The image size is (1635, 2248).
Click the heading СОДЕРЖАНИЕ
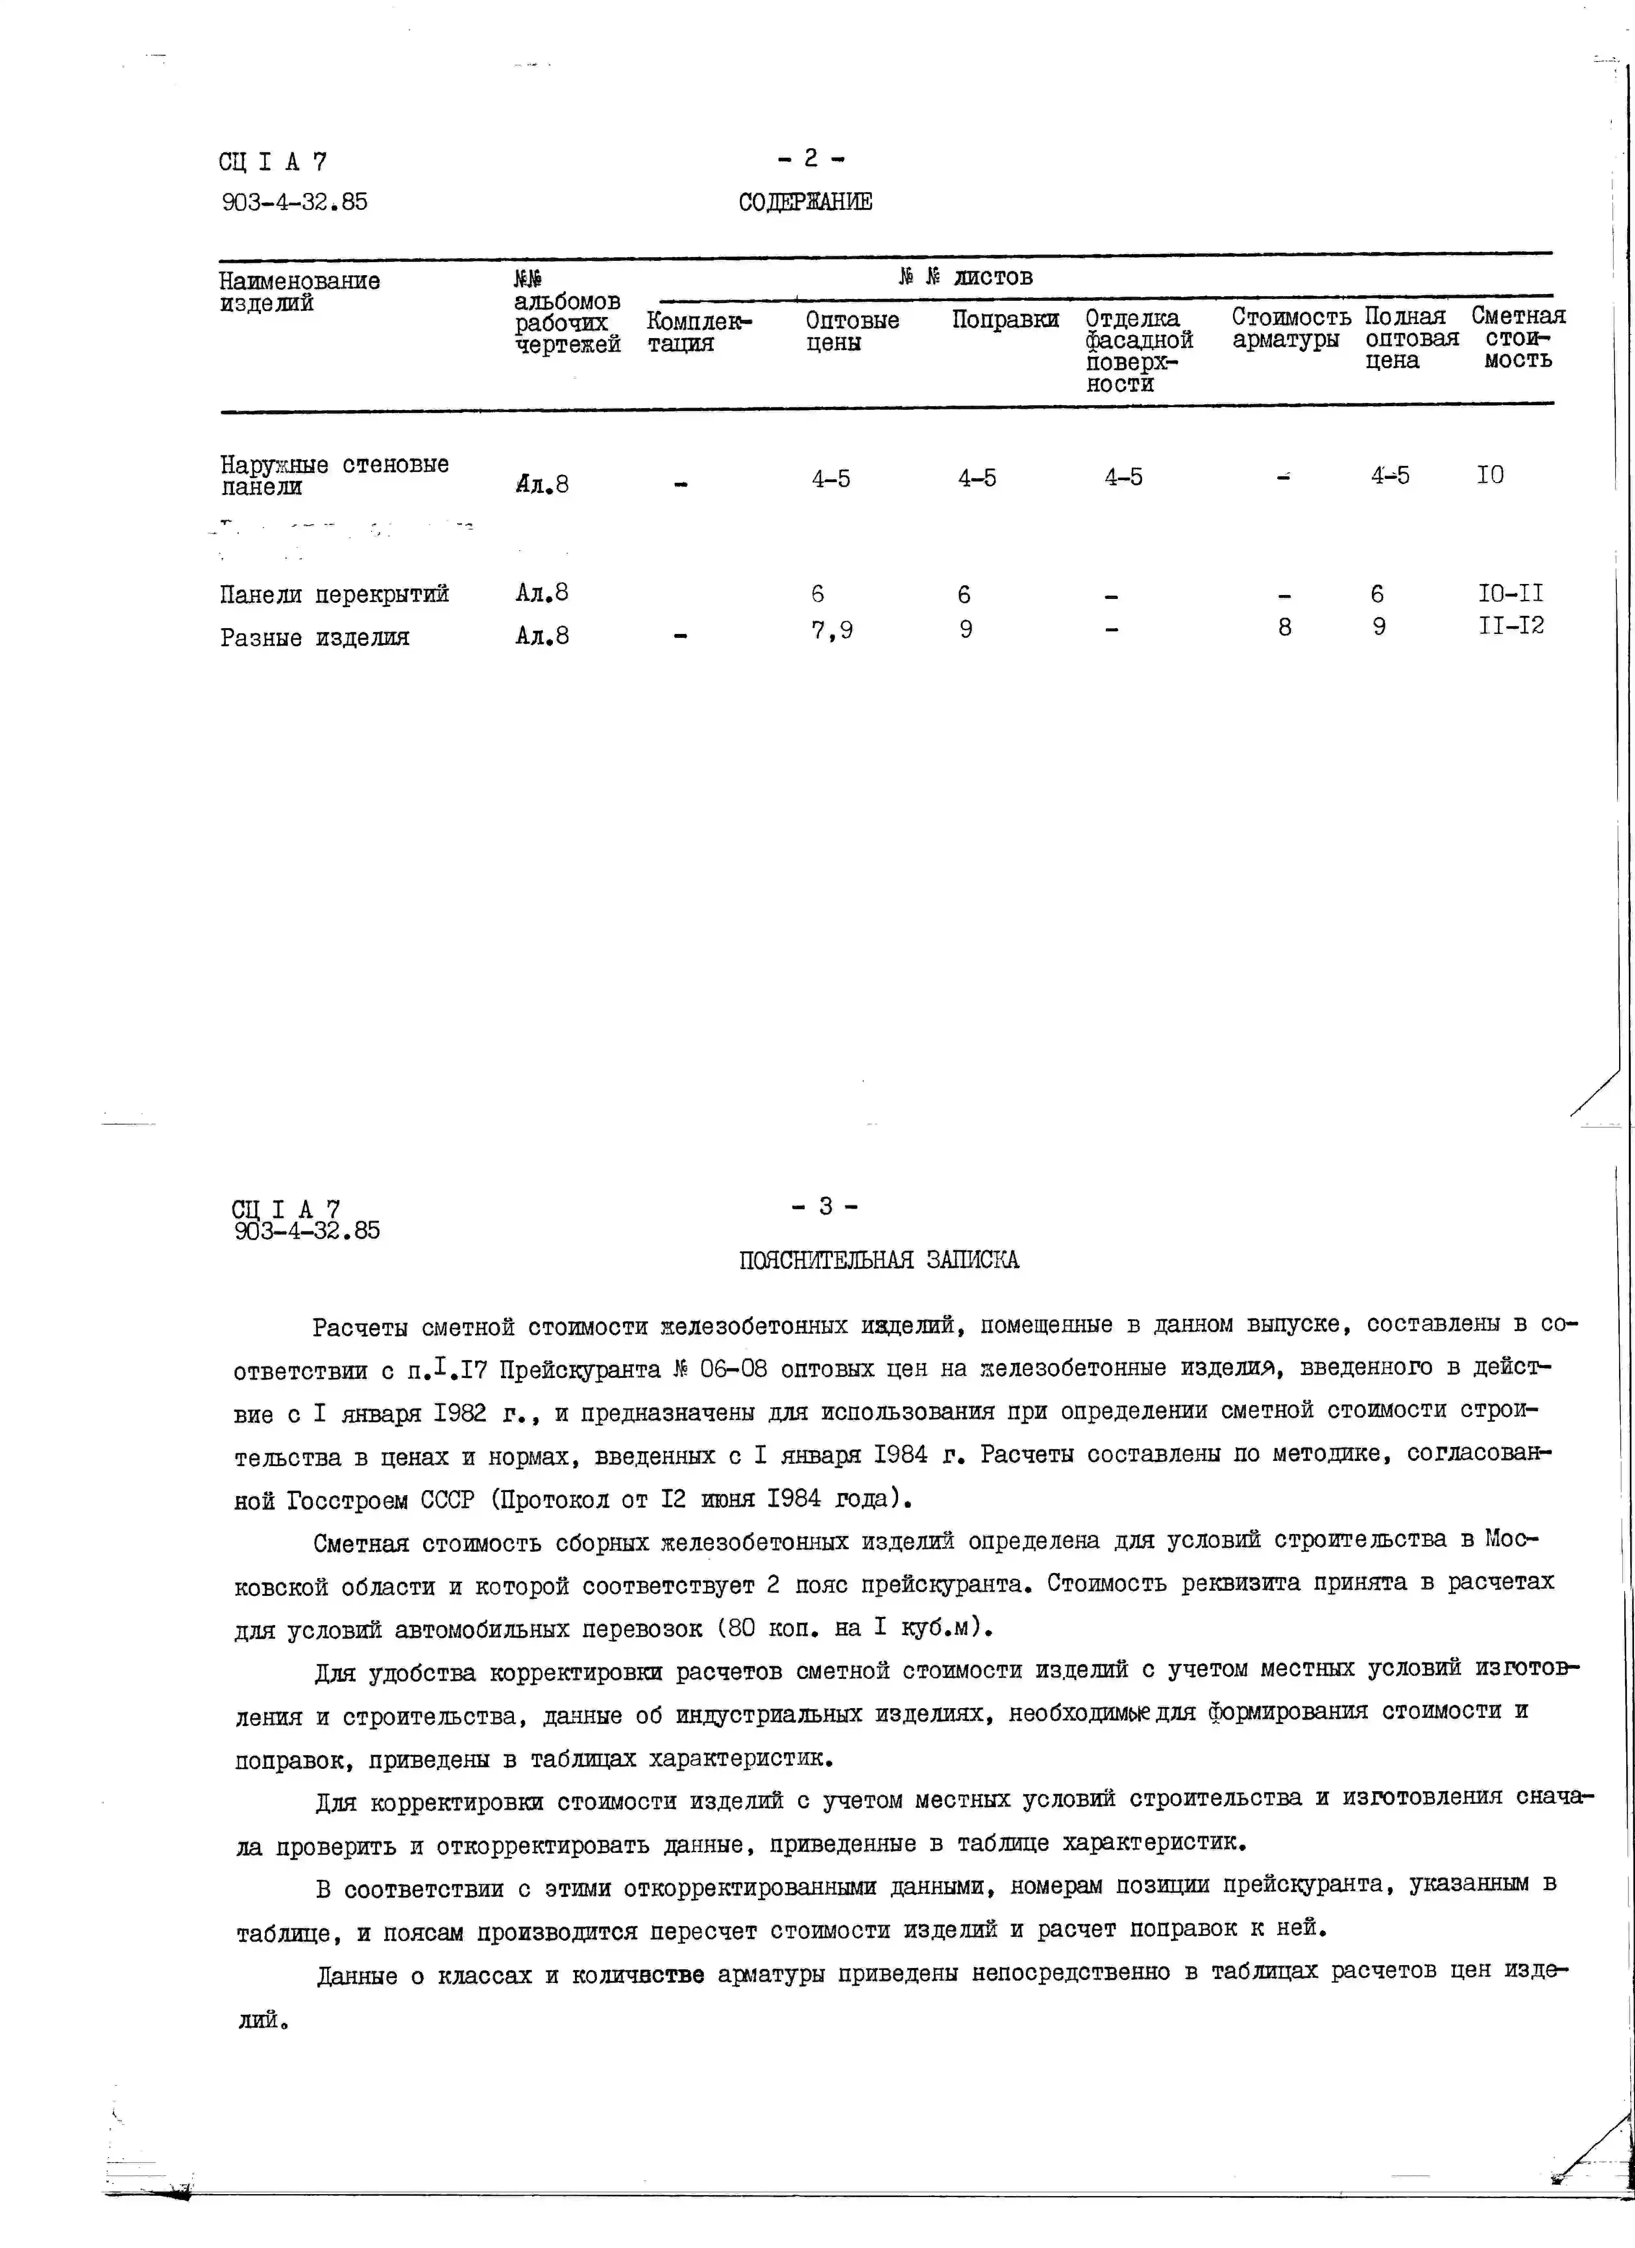(x=805, y=202)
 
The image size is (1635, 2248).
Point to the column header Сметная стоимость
(x=1517, y=338)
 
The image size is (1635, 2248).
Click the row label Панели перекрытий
(x=334, y=595)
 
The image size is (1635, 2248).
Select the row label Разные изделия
(x=314, y=637)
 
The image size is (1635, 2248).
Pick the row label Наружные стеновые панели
(x=334, y=475)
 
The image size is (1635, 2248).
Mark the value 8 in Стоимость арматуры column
(x=1284, y=627)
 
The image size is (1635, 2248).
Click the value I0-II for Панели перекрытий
(x=1510, y=594)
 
